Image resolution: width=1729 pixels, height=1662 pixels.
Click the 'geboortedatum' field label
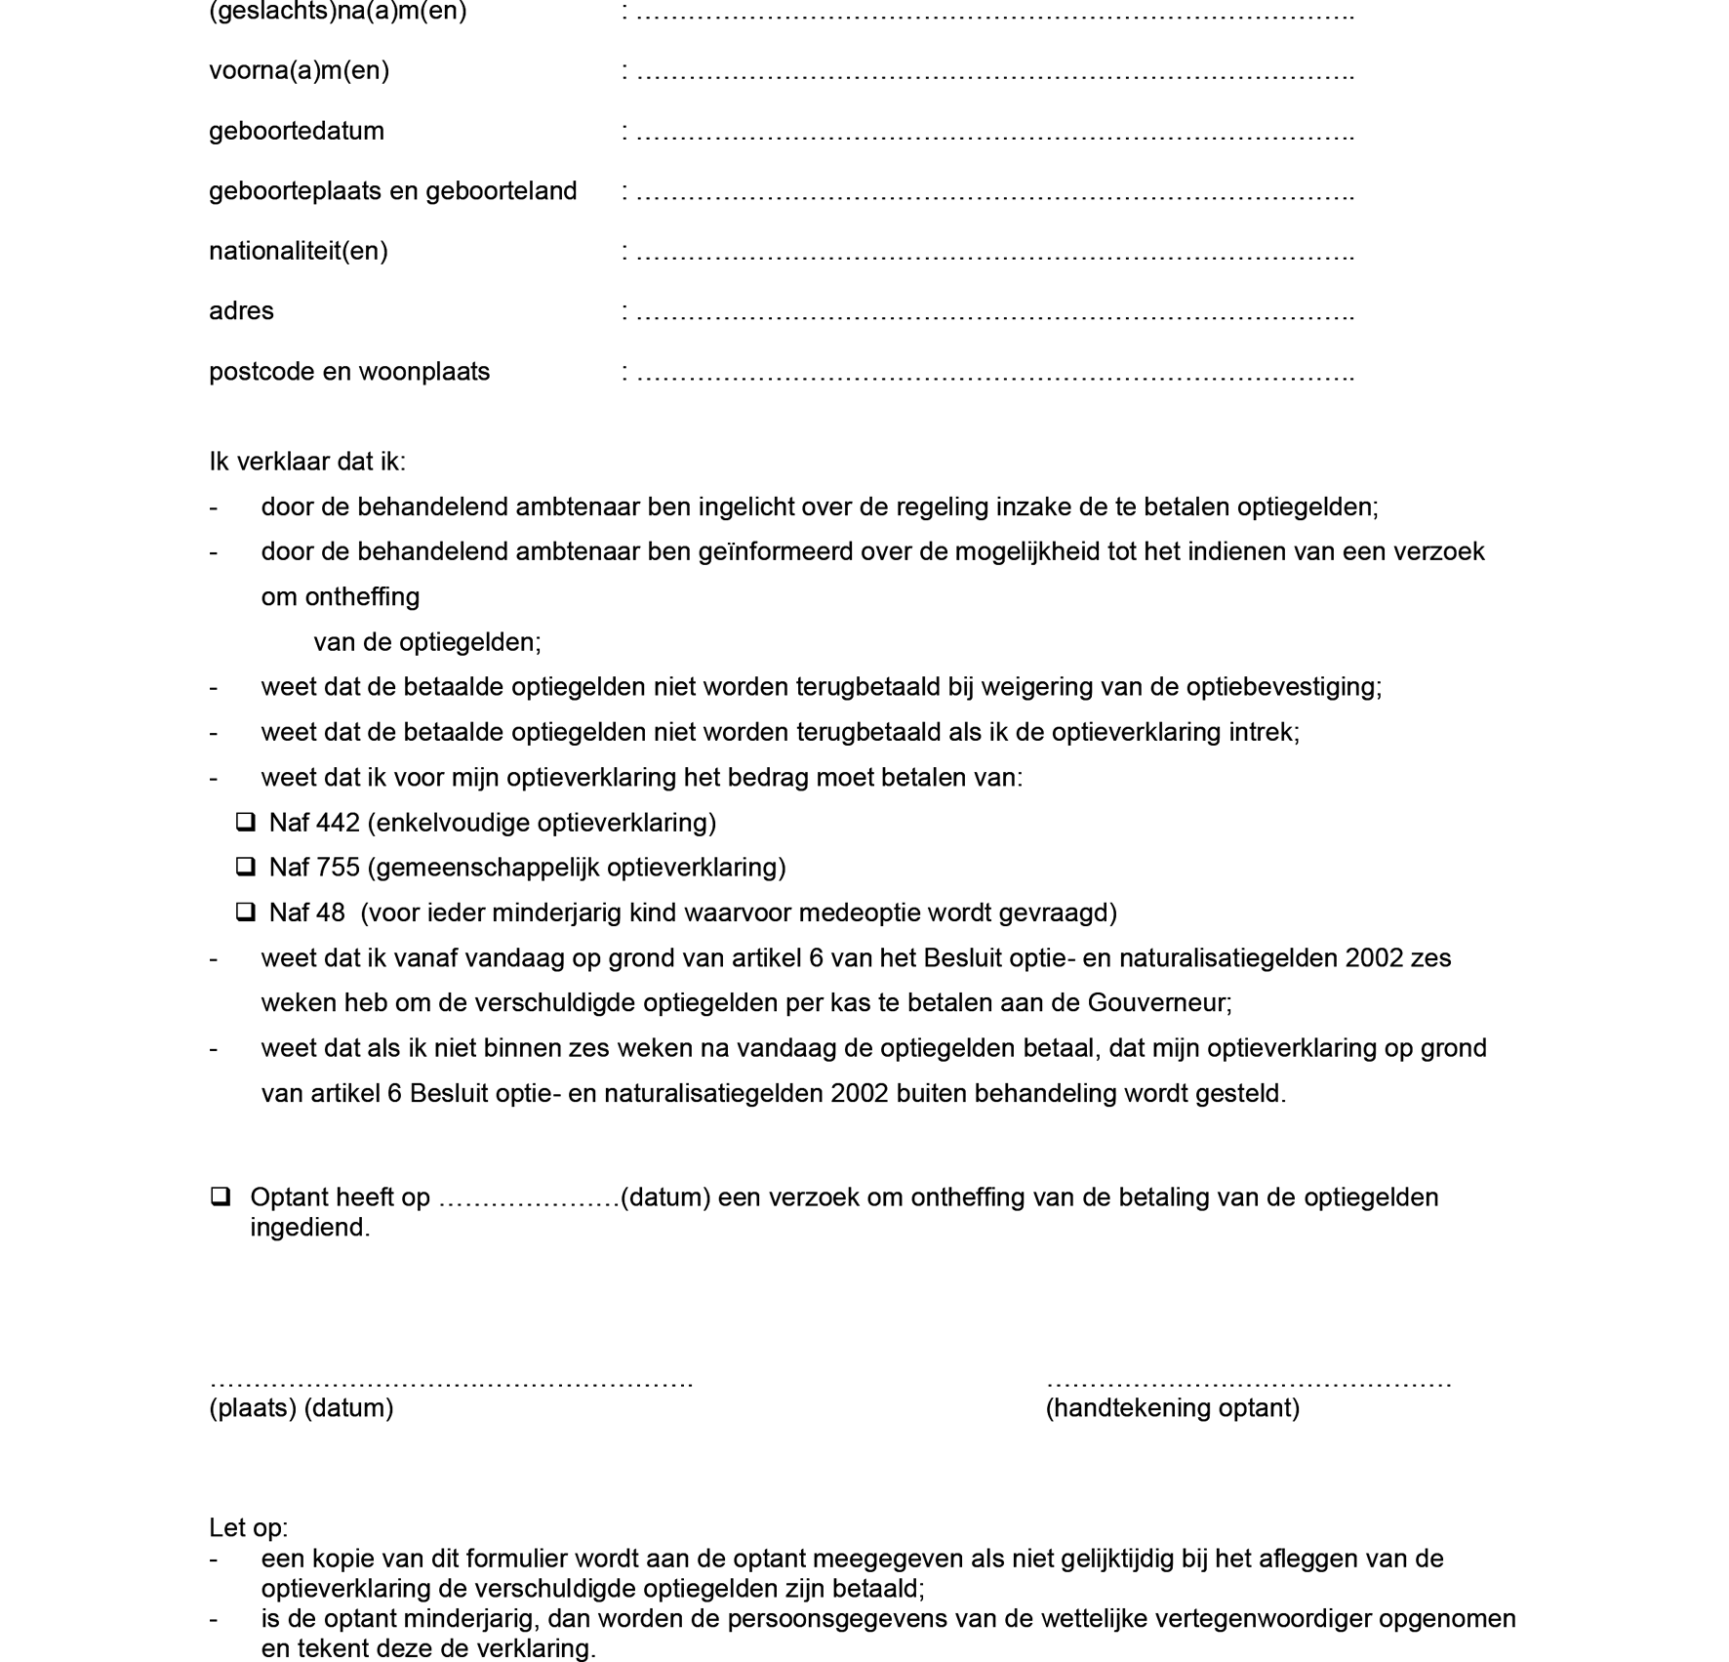[297, 131]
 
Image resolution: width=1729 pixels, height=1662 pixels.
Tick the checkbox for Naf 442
[246, 823]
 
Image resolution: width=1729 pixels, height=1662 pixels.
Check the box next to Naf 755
[246, 868]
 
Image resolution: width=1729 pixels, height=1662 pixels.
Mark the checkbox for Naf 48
[246, 912]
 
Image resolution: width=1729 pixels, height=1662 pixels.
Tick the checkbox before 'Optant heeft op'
[221, 1196]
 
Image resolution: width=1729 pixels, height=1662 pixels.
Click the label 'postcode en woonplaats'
[349, 372]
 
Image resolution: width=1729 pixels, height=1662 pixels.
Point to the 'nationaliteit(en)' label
[299, 252]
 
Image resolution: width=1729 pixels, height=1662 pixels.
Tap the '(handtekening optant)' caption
[1172, 1407]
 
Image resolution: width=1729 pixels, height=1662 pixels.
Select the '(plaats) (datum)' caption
[302, 1407]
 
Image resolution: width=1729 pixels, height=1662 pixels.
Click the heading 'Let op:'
[249, 1527]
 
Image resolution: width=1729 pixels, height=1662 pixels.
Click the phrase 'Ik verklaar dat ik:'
[307, 462]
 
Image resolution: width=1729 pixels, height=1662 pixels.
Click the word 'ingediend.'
[310, 1227]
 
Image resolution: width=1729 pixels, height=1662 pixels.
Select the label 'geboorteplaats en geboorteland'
[393, 191]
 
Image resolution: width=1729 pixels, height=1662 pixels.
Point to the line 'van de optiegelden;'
[427, 642]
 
